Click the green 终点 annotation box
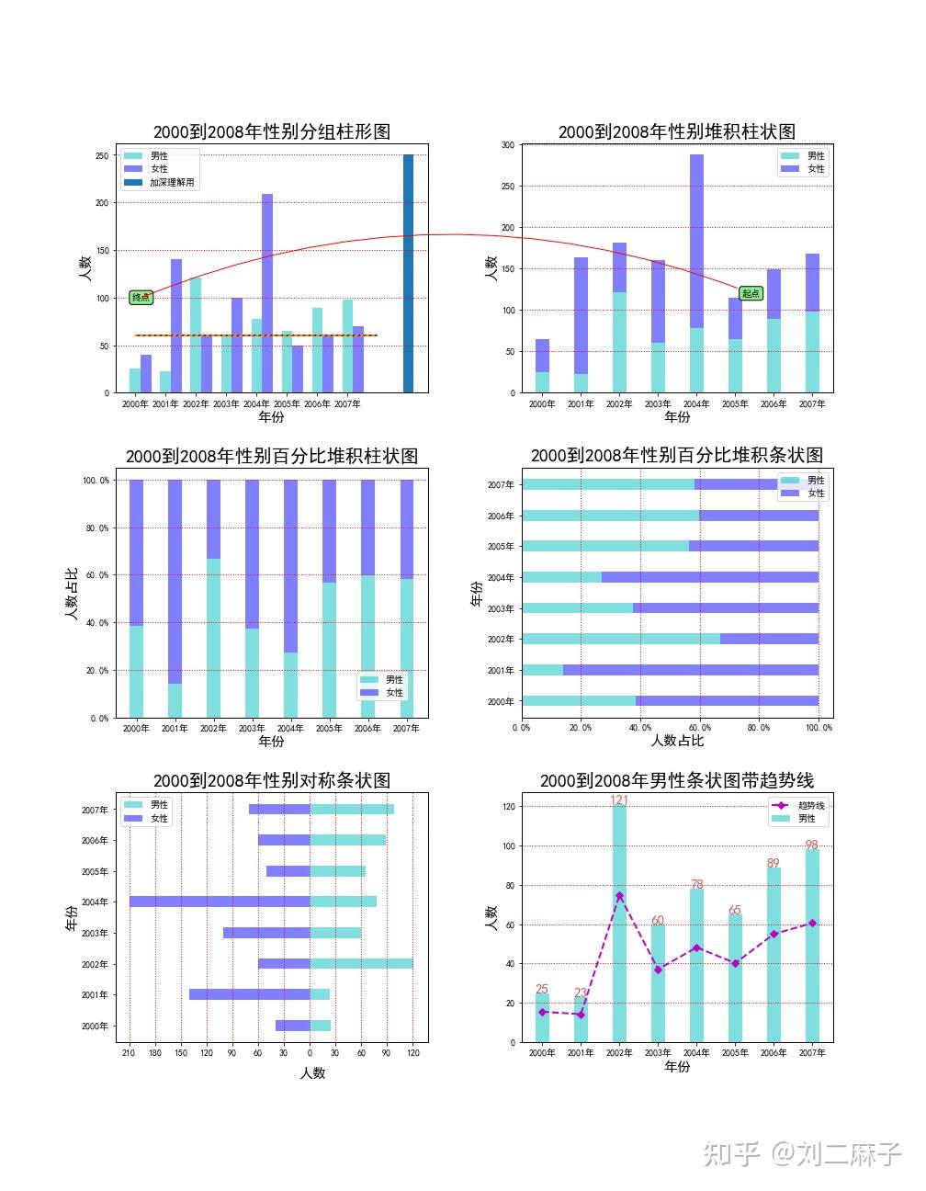[x=141, y=297]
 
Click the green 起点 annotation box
[x=751, y=293]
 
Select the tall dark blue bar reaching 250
[x=408, y=274]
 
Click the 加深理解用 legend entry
[x=172, y=183]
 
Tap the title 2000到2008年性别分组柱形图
[x=272, y=131]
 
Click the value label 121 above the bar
[x=619, y=800]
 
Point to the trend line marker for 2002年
[x=619, y=896]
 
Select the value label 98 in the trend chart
[x=811, y=845]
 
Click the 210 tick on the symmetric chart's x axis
[x=130, y=1054]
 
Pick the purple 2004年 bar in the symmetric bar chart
[x=220, y=902]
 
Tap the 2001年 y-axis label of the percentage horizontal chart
[x=501, y=671]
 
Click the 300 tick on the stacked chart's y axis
[x=508, y=145]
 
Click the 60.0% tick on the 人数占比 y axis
[x=96, y=575]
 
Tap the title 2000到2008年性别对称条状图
[x=272, y=780]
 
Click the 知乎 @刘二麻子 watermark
[x=802, y=1153]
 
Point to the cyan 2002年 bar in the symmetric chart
[x=361, y=964]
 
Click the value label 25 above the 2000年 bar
[x=542, y=989]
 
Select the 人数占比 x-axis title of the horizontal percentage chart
[x=677, y=741]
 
